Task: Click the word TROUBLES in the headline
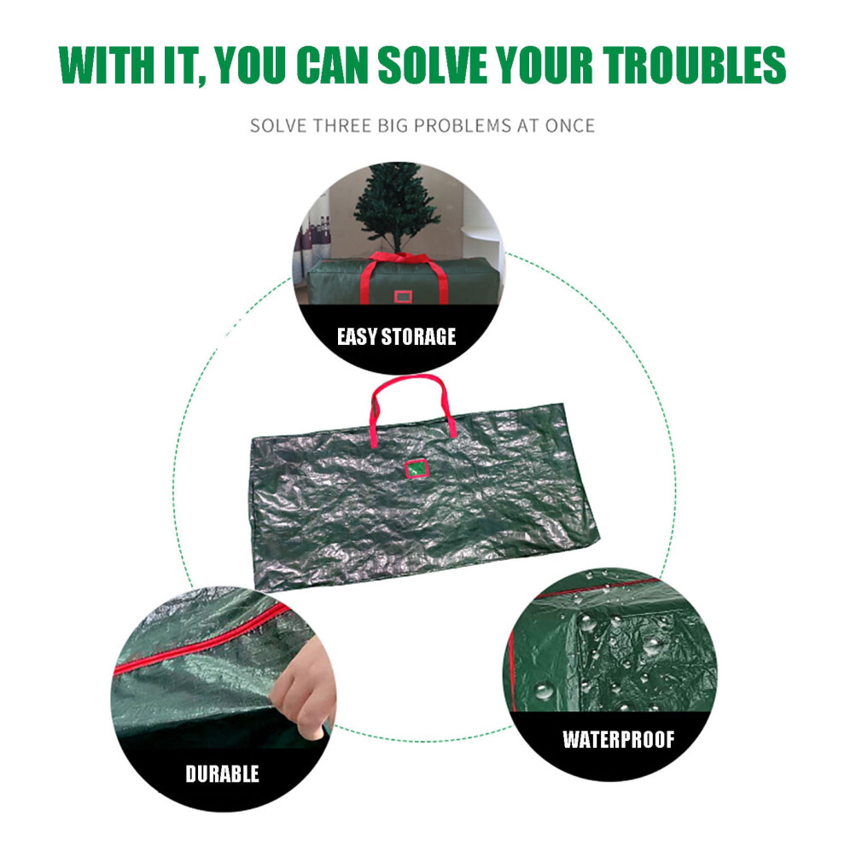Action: click(x=694, y=65)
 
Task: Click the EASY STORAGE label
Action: click(x=397, y=337)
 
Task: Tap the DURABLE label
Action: click(x=222, y=774)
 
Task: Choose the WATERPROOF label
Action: click(x=618, y=739)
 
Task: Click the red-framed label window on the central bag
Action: click(x=416, y=469)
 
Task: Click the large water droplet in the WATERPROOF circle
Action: click(x=543, y=691)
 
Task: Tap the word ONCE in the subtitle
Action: click(x=569, y=125)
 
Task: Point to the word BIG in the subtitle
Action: click(x=393, y=125)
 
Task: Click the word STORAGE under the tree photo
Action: click(x=418, y=337)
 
